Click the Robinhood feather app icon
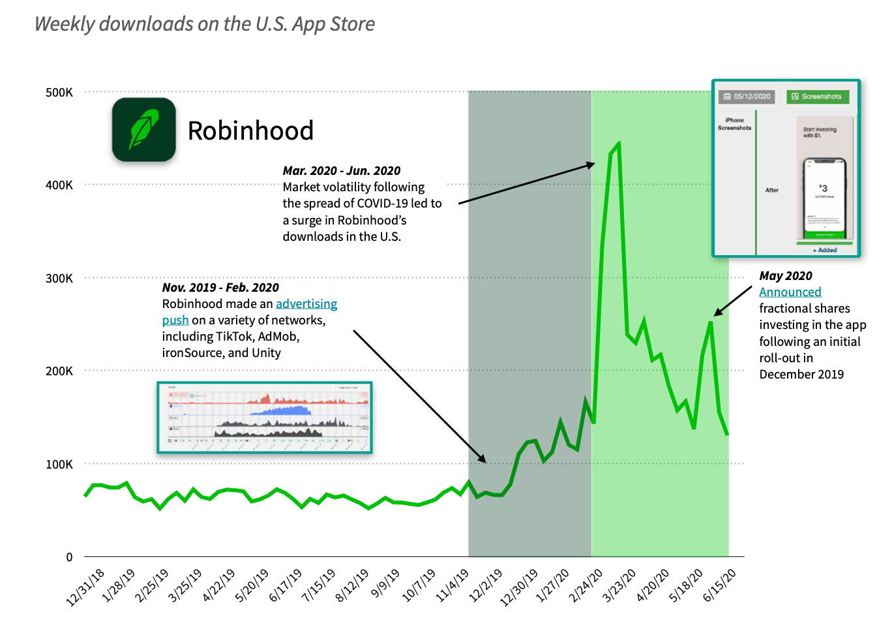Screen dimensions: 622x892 pos(143,130)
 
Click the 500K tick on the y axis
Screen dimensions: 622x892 pos(59,92)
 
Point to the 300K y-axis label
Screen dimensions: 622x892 pos(59,278)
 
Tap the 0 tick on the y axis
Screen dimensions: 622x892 pos(69,557)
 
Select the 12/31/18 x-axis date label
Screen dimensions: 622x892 pos(86,587)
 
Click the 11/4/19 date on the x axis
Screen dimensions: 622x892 pos(453,585)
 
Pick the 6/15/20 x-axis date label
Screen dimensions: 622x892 pos(720,585)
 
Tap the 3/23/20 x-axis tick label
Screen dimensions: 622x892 pos(619,585)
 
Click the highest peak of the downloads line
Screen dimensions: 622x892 pos(618,143)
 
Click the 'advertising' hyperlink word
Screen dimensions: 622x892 pos(306,303)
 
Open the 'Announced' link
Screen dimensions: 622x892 pos(790,292)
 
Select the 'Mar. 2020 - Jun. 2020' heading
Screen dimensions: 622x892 pos(341,170)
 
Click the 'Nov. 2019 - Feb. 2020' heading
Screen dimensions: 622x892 pos(220,287)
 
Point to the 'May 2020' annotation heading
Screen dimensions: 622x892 pos(786,275)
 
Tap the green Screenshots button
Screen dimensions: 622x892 pos(817,97)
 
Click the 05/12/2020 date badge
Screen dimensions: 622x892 pos(747,97)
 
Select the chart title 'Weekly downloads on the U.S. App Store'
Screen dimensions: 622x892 pos(204,23)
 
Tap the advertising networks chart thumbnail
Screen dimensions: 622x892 pos(265,417)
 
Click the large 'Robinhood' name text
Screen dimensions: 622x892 pos(250,131)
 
